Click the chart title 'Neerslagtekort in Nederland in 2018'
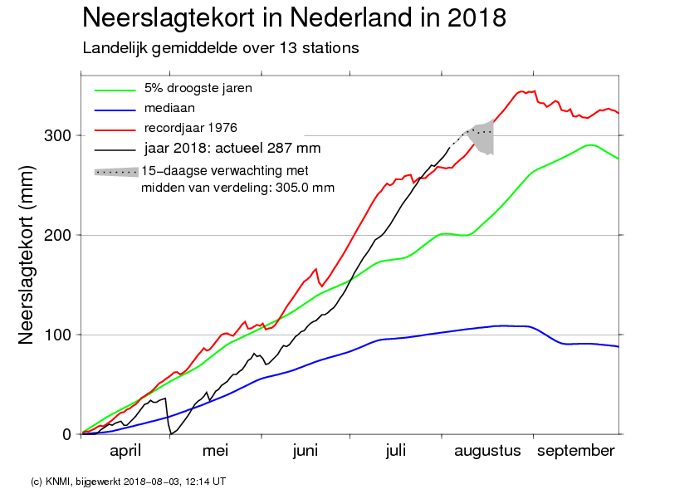[294, 18]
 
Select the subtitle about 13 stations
[221, 48]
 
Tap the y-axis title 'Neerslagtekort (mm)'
[26, 255]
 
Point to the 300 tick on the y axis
[57, 135]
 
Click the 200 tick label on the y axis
[57, 235]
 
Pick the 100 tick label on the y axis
[57, 335]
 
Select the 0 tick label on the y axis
[67, 434]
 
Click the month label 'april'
[125, 451]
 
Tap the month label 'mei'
[215, 451]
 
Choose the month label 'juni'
[306, 451]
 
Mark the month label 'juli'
[396, 451]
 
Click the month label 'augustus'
[487, 452]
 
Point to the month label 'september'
[576, 452]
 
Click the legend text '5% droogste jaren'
[198, 88]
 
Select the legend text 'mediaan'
[169, 108]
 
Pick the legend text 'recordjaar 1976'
[190, 129]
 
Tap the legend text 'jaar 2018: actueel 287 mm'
[232, 148]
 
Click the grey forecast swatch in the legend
[116, 172]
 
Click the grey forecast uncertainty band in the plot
[484, 137]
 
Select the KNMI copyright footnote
[129, 482]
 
